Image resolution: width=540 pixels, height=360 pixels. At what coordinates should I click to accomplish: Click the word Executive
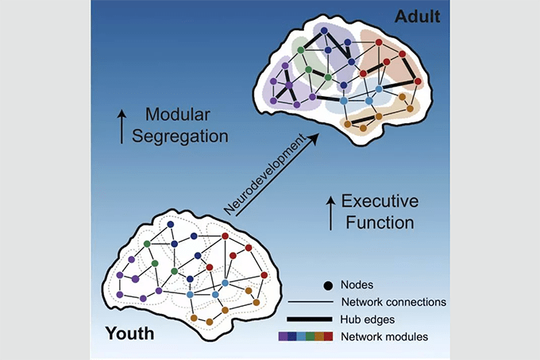click(385, 202)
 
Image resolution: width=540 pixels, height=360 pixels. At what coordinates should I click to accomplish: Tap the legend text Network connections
click(393, 302)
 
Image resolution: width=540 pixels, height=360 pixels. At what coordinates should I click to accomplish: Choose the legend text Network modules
click(384, 337)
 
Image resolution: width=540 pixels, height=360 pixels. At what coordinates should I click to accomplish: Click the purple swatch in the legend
click(283, 337)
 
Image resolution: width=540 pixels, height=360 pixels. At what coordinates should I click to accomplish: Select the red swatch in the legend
click(329, 337)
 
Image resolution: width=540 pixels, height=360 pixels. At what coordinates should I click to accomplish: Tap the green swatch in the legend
click(310, 337)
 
